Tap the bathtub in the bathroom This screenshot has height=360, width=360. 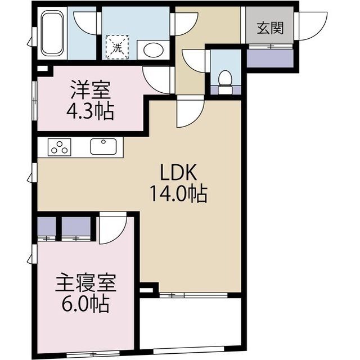pos(51,33)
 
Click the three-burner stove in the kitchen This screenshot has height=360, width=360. pos(60,147)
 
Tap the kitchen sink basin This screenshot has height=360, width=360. pos(104,147)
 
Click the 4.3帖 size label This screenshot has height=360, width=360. pos(92,111)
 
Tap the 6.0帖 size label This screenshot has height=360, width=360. pos(85,307)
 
